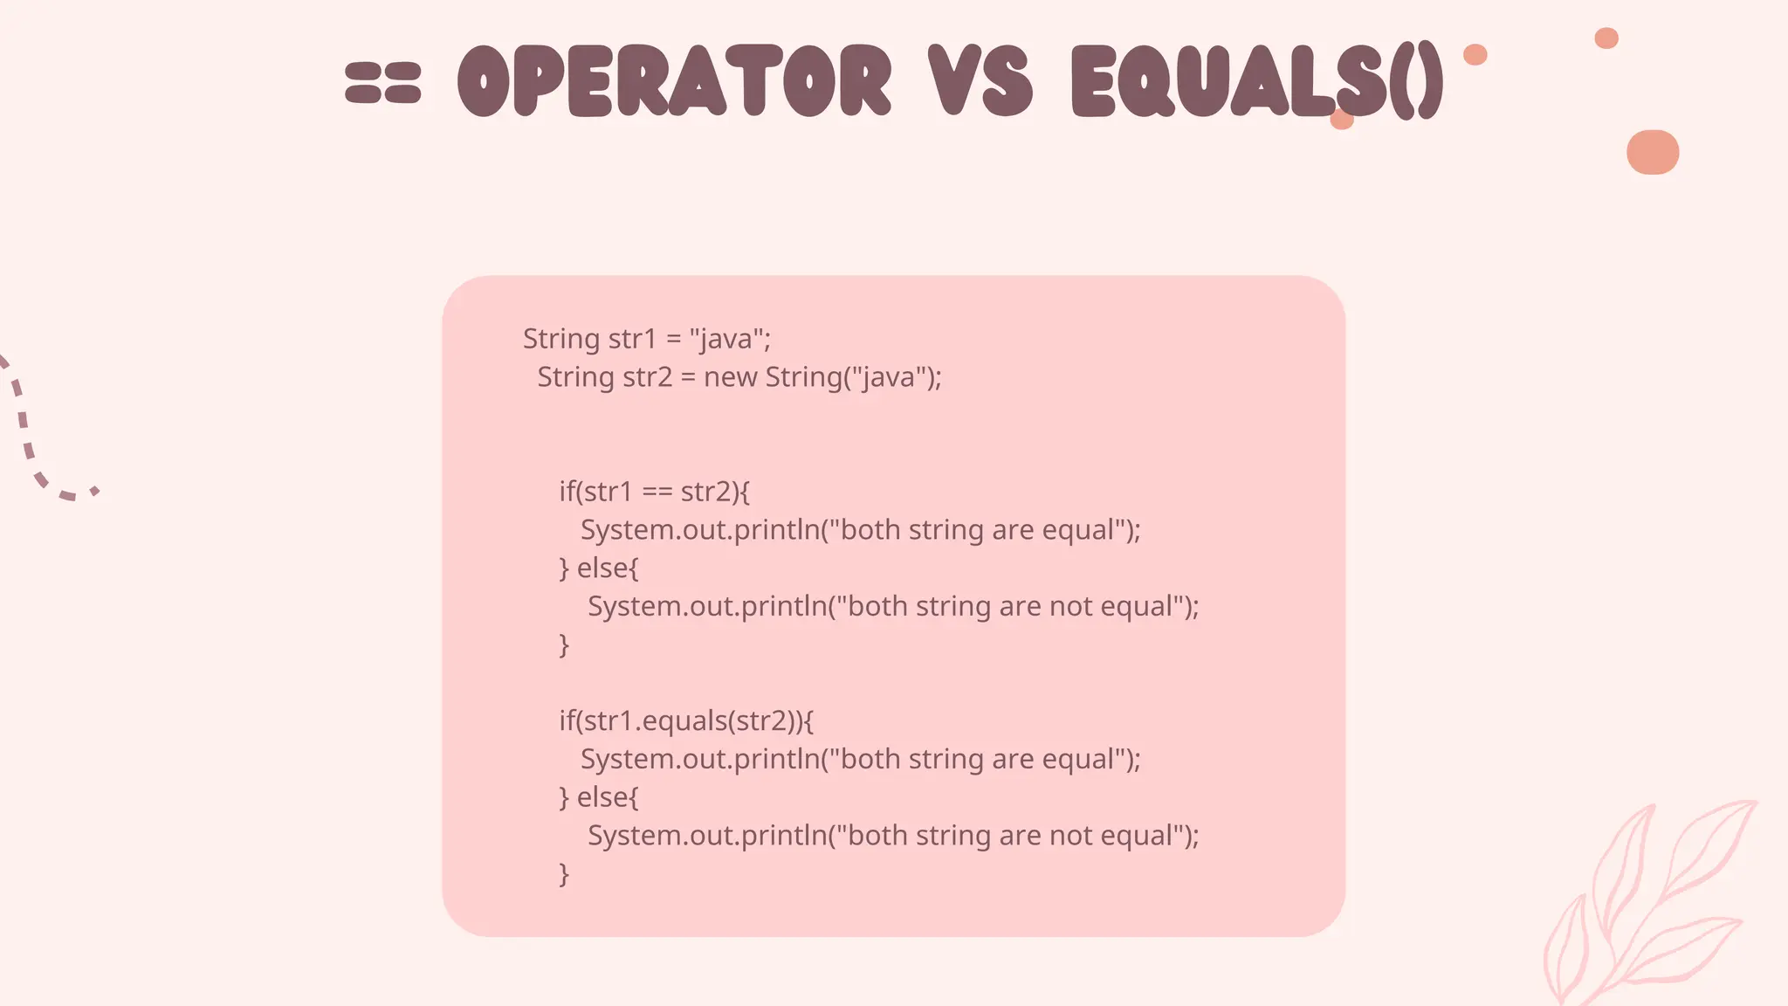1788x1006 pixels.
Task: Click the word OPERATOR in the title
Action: (674, 80)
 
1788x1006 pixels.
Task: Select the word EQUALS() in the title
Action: (1257, 80)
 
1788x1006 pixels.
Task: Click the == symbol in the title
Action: (382, 82)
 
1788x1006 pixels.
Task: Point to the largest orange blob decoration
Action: (1653, 152)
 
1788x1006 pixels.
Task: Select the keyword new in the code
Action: (730, 377)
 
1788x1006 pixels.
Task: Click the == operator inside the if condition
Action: (657, 492)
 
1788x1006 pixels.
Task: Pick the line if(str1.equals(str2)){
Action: (686, 720)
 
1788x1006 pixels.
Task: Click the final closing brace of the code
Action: (564, 873)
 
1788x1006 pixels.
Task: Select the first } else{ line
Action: (599, 568)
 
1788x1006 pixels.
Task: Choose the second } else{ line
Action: (599, 797)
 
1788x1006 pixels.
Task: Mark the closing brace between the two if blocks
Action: (564, 644)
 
